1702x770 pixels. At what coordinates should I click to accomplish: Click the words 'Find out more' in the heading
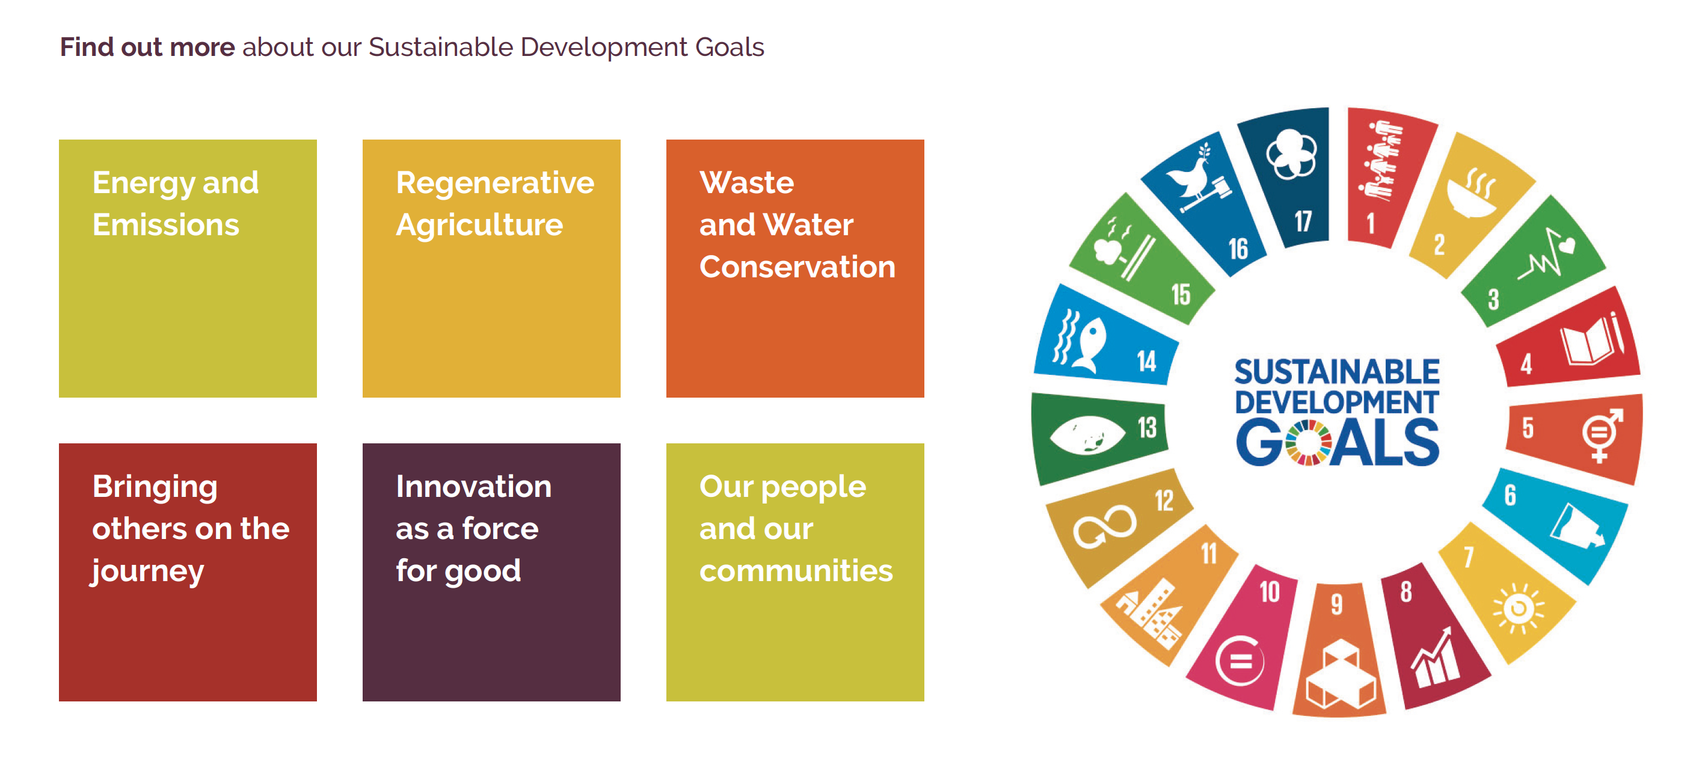point(147,47)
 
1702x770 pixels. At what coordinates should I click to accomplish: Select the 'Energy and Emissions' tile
point(188,268)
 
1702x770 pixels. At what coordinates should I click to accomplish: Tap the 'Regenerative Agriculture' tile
point(491,268)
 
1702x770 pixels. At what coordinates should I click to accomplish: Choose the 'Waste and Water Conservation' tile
point(795,268)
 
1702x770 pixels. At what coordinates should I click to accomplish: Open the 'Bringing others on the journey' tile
point(188,572)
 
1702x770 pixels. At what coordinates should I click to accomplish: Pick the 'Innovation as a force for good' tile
point(491,572)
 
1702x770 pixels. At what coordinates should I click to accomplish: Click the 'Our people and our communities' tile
point(795,572)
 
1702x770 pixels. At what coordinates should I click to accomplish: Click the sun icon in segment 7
point(1519,608)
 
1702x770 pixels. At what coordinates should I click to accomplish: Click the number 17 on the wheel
point(1303,221)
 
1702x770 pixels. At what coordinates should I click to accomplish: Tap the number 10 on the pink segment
point(1269,591)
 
